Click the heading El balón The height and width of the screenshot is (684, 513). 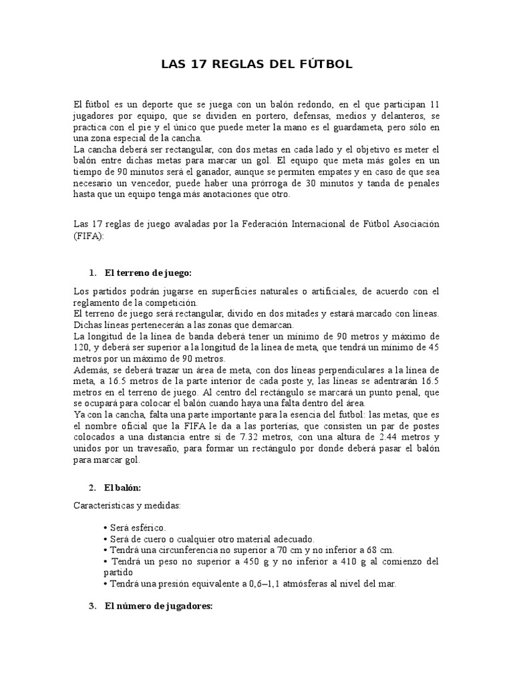tap(122, 488)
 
